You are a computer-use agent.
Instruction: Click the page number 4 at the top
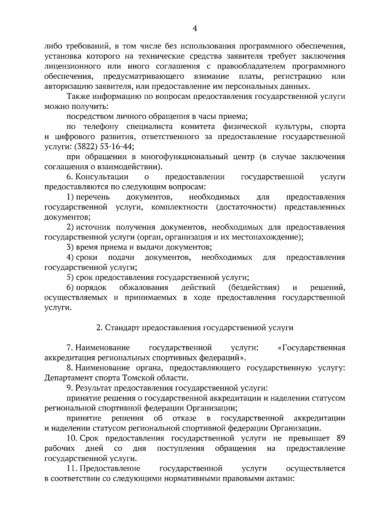click(195, 29)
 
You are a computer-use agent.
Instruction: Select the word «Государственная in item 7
click(312, 348)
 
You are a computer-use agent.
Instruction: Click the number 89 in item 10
click(340, 438)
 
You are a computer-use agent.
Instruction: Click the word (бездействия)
click(254, 287)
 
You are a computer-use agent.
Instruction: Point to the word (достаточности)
click(246, 207)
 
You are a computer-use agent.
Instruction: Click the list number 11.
click(72, 468)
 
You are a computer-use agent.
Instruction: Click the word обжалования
click(144, 287)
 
